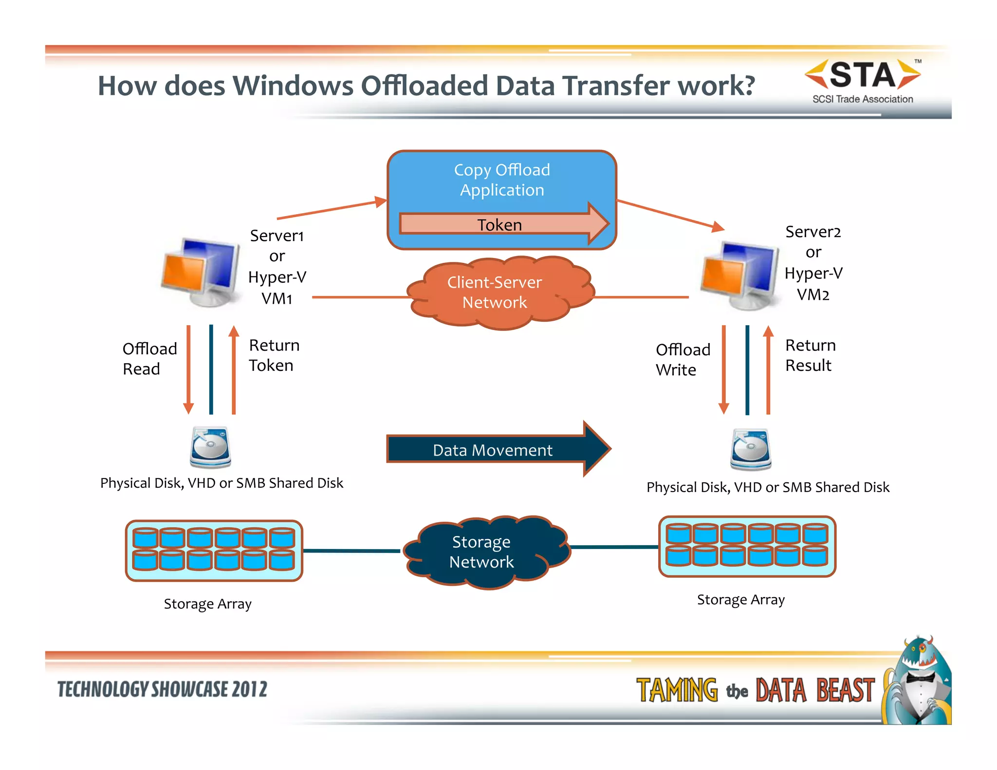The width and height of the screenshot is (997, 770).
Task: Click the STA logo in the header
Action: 862,80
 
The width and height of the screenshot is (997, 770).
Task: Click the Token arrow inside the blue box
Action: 501,224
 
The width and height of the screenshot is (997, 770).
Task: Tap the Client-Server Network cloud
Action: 495,293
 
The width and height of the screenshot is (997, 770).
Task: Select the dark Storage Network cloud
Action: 482,552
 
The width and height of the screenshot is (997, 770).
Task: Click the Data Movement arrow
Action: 493,449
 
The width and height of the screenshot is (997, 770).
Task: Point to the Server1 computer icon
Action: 202,272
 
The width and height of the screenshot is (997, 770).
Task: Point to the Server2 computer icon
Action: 739,275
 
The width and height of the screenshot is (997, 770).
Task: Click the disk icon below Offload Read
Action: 210,447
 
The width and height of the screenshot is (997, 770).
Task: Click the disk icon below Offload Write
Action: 751,449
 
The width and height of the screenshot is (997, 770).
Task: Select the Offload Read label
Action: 149,359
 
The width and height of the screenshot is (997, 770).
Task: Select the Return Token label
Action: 274,355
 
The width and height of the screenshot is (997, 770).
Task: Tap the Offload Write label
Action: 682,360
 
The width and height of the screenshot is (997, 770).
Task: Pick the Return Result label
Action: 810,355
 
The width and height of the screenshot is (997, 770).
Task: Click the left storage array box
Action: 214,550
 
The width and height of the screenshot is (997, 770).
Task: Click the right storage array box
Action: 747,546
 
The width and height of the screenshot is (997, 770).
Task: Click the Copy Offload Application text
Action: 502,180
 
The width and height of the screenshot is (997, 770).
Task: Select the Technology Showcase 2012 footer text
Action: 162,689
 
